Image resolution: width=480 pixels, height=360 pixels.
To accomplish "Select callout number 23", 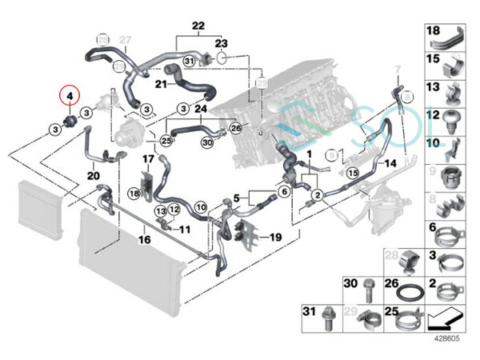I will point(220,42).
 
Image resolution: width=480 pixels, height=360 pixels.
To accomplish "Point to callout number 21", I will point(161,83).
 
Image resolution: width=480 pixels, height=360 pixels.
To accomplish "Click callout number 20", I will point(92,175).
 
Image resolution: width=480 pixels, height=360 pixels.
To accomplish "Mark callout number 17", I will point(146,161).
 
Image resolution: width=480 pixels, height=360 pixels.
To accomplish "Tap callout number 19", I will point(275,238).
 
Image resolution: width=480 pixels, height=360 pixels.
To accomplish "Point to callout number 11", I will point(186,229).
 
